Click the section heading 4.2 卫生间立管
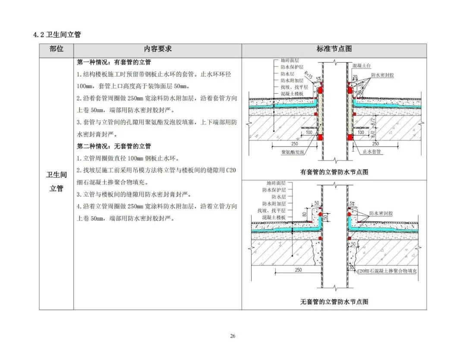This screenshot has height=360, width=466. click(x=57, y=35)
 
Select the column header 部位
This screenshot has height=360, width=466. click(x=56, y=49)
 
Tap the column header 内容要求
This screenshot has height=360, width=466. click(x=157, y=49)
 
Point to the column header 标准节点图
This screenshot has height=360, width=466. click(x=334, y=49)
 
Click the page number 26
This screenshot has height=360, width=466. click(x=233, y=336)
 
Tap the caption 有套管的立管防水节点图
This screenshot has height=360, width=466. click(x=334, y=172)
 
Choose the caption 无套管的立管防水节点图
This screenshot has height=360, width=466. click(x=334, y=302)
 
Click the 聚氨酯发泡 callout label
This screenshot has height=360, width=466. click(x=293, y=153)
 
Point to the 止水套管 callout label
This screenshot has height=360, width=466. click(x=372, y=153)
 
